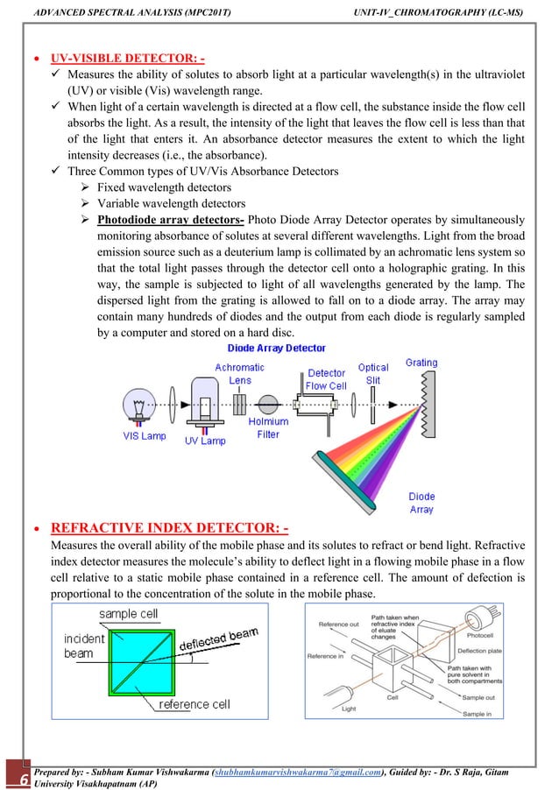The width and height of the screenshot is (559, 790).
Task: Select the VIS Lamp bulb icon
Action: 141,405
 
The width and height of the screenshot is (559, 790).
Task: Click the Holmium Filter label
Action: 268,427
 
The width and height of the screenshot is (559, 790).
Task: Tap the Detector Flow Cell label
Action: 326,379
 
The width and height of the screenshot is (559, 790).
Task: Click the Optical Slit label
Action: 373,374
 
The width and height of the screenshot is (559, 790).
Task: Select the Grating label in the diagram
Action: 421,363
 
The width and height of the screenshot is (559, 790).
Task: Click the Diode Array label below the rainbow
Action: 421,503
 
